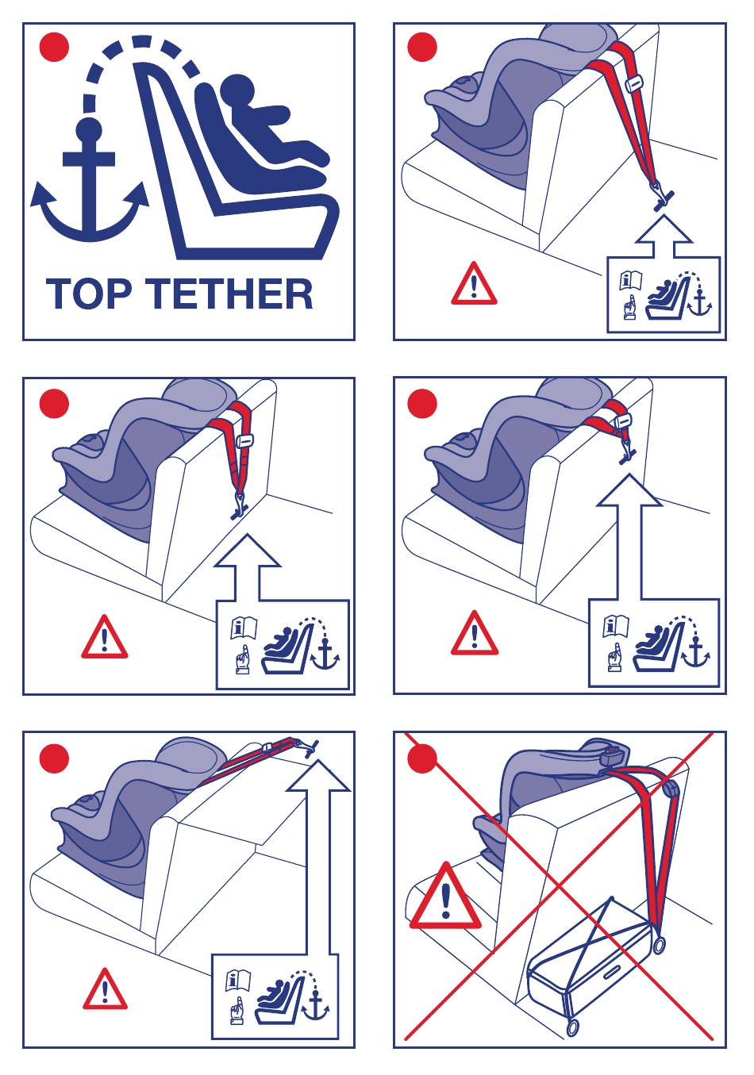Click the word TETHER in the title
point(229,294)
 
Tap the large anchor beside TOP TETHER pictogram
point(90,182)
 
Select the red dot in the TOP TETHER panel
point(54,47)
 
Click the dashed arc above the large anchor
point(139,53)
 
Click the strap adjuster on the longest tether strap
point(635,84)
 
